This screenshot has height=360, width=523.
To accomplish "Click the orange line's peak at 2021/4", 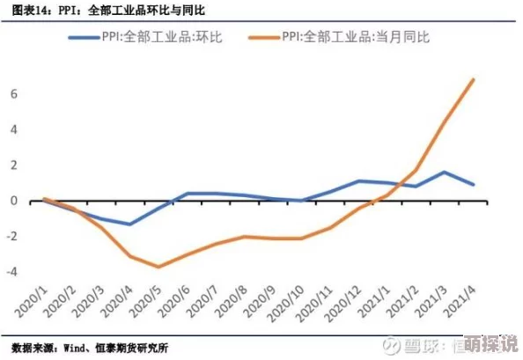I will click(475, 79).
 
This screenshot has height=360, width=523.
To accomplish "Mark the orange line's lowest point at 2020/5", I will click(158, 267).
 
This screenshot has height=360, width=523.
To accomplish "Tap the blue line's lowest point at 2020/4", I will click(129, 224).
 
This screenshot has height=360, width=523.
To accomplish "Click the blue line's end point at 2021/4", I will click(475, 184).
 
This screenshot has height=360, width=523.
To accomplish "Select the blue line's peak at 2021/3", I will click(446, 172).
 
